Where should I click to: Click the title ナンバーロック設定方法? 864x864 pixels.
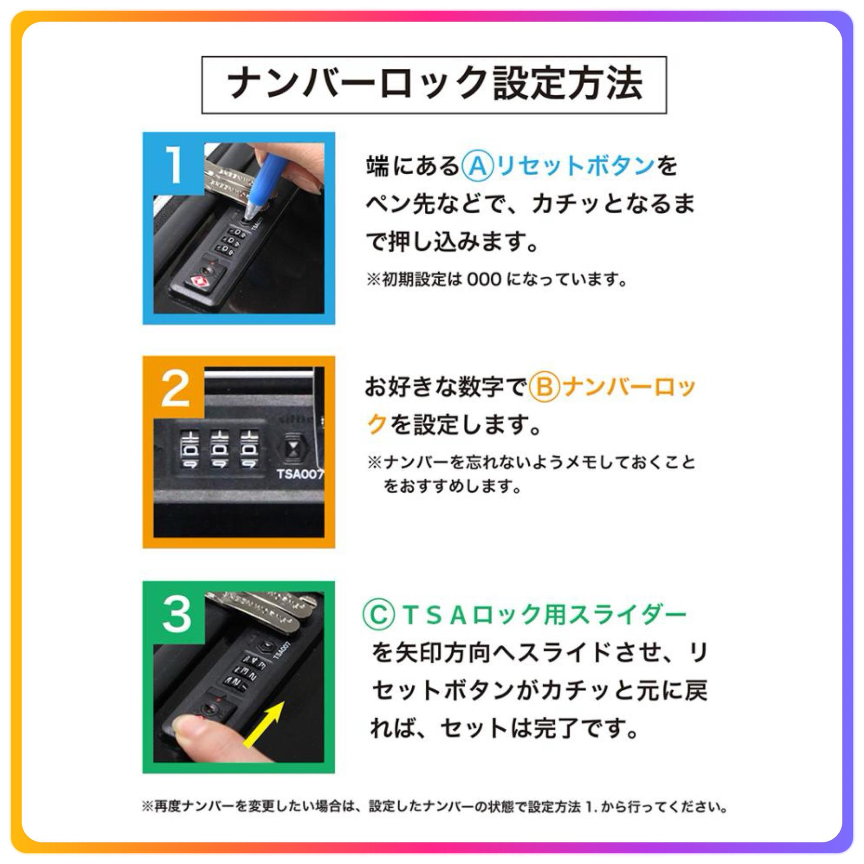click(434, 84)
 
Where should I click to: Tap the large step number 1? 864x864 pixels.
click(174, 166)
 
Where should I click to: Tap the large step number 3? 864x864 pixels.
click(176, 614)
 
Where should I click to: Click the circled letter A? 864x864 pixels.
click(477, 166)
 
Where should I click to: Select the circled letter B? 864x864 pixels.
click(544, 387)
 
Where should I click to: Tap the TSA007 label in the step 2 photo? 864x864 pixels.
click(300, 474)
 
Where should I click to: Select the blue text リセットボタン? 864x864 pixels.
click(576, 166)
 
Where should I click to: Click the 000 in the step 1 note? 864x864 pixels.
click(485, 280)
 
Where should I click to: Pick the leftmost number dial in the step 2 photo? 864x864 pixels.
click(189, 449)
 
